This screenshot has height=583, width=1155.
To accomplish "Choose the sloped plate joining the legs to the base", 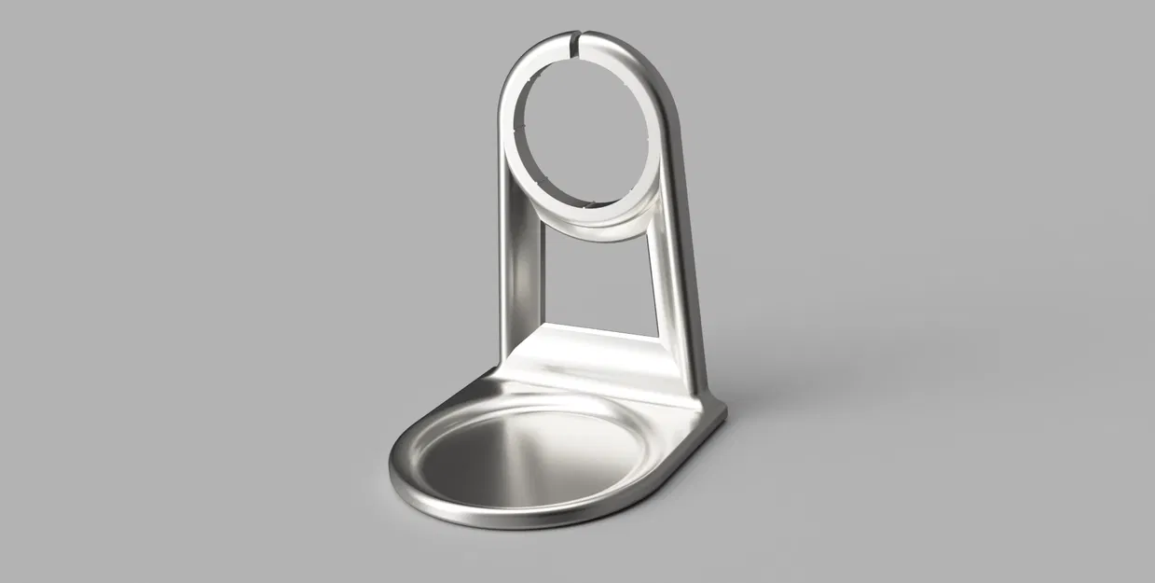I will click(597, 359).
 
